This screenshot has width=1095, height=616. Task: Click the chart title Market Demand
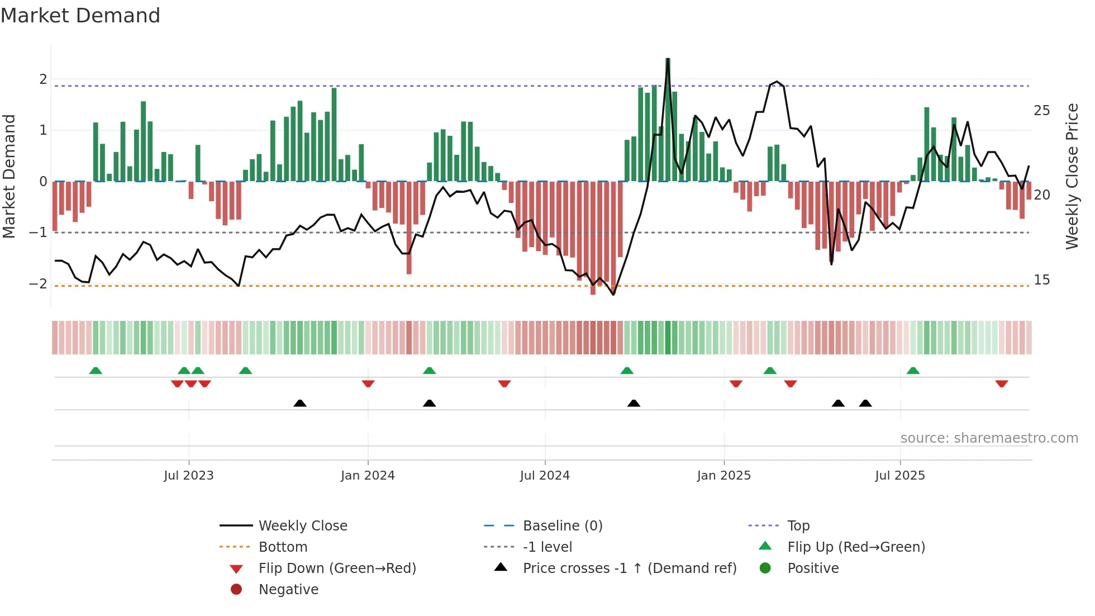pos(80,16)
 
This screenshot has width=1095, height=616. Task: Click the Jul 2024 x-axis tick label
pos(545,476)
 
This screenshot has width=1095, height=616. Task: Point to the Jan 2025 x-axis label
pos(723,476)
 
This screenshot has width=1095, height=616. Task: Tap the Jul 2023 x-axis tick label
pos(189,476)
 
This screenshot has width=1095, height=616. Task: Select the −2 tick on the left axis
pos(38,284)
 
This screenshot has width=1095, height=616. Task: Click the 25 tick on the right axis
pos(1041,111)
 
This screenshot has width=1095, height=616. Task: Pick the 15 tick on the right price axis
pos(1041,280)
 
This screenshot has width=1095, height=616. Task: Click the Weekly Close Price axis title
pos(1072,176)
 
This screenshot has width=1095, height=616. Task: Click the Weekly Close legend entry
pos(302,526)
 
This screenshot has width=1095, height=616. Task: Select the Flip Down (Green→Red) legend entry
pos(337,568)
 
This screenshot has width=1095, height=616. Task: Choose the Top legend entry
pos(798,526)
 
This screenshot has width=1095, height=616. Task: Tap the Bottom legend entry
pos(283,547)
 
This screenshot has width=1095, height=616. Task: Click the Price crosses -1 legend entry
pos(629,568)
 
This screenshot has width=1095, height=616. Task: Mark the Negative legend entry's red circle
pos(236,590)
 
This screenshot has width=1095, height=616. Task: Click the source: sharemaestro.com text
pos(989,438)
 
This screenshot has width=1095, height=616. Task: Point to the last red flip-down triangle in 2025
pos(1001,383)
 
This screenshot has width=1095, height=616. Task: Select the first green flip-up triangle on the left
pos(96,371)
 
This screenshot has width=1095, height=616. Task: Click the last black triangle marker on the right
pos(865,403)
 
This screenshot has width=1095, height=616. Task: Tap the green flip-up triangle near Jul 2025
pos(913,371)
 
